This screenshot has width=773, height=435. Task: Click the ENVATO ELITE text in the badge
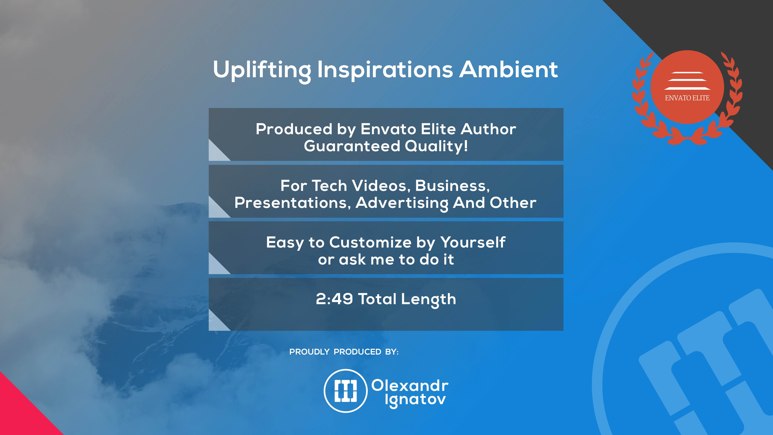(x=687, y=98)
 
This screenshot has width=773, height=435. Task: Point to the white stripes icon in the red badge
(x=687, y=81)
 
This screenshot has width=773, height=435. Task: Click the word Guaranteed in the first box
(x=352, y=146)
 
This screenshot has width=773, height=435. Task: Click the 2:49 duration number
(x=334, y=299)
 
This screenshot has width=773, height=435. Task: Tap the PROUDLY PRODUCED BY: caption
(x=344, y=352)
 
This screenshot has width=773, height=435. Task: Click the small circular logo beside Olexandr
(x=346, y=391)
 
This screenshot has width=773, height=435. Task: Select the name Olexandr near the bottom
(x=410, y=386)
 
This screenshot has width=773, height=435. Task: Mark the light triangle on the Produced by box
(x=216, y=153)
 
